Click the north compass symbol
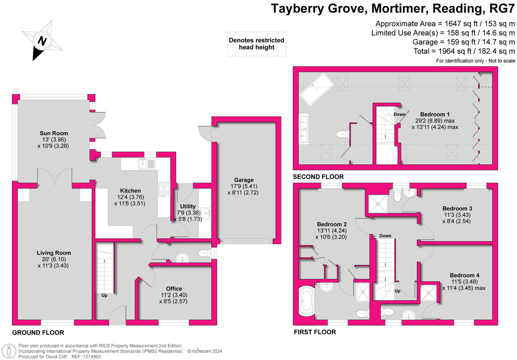click(42, 41)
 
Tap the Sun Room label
click(54, 133)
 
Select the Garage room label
click(244, 180)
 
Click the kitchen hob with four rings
click(164, 189)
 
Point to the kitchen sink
click(146, 164)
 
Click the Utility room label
click(188, 206)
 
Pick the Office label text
click(174, 289)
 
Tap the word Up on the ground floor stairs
click(104, 295)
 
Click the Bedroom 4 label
click(464, 275)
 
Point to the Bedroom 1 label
click(435, 114)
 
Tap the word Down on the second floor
click(399, 114)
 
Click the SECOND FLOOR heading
click(318, 177)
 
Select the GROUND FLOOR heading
click(38, 333)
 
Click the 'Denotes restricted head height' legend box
click(257, 44)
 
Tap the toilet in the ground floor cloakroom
click(204, 253)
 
